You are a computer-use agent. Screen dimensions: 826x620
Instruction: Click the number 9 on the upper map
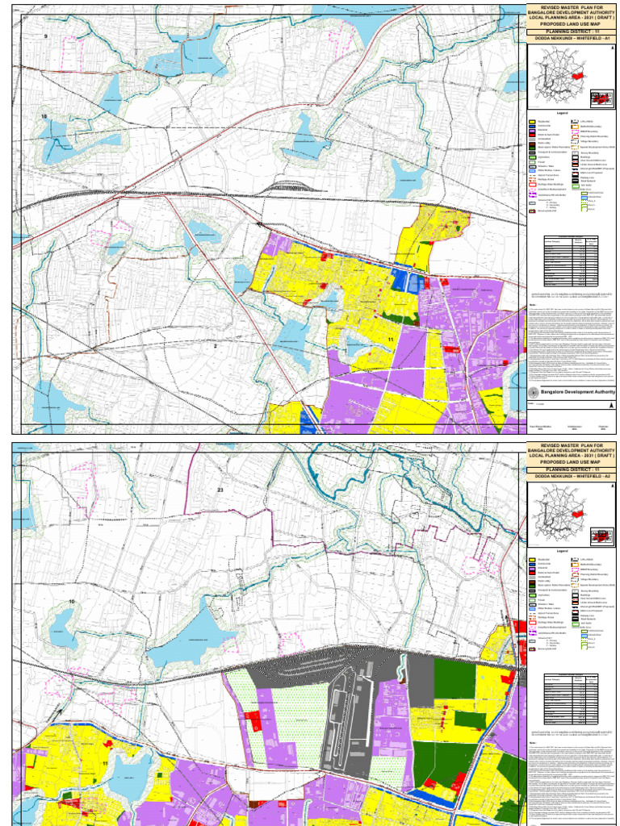pyautogui.click(x=46, y=38)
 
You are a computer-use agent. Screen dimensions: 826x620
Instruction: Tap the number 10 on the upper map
pyautogui.click(x=44, y=118)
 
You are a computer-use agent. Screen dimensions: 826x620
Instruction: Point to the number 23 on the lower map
pyautogui.click(x=219, y=490)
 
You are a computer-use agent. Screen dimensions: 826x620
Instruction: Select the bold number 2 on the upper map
pyautogui.click(x=216, y=347)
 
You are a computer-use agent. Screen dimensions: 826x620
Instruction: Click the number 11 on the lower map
pyautogui.click(x=105, y=753)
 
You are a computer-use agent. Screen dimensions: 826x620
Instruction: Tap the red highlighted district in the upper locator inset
pyautogui.click(x=599, y=98)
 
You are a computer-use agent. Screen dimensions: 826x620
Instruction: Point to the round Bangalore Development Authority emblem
pyautogui.click(x=533, y=392)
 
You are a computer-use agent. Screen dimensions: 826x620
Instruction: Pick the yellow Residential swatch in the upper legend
pyautogui.click(x=534, y=122)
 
